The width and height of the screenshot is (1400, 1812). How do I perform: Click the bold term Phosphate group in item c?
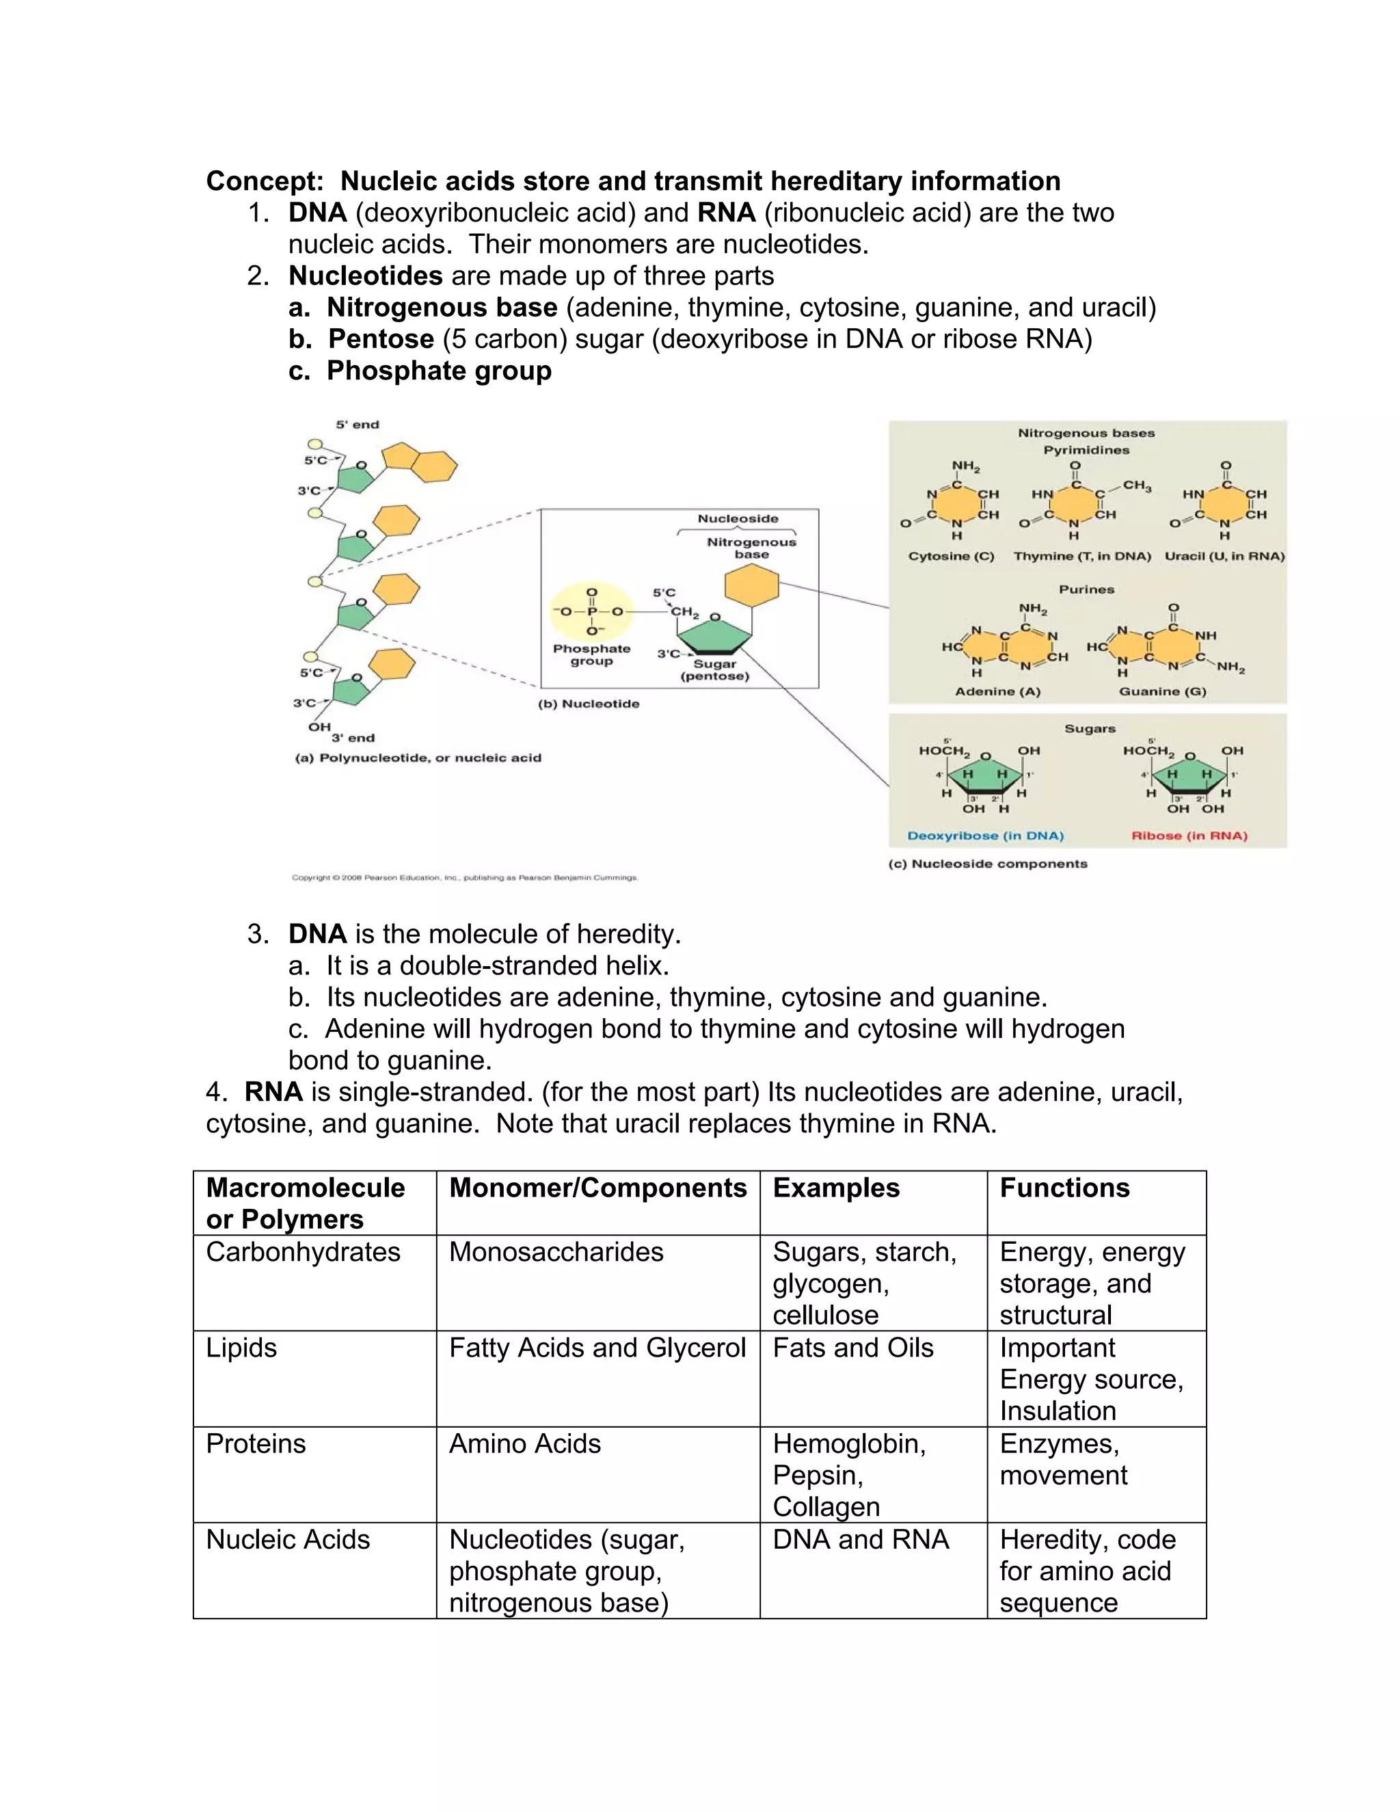click(x=439, y=371)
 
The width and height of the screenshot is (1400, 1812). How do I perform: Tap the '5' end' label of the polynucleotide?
click(x=357, y=425)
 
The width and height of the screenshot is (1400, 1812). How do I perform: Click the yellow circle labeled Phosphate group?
click(x=591, y=612)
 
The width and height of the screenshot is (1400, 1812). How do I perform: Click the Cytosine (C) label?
click(x=950, y=556)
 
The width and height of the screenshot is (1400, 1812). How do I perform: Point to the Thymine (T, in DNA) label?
click(x=1081, y=556)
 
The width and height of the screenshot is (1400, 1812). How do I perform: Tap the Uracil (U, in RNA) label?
click(x=1224, y=556)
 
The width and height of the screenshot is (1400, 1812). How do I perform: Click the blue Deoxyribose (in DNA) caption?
click(x=984, y=836)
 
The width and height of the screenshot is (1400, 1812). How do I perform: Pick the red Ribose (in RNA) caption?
click(x=1189, y=836)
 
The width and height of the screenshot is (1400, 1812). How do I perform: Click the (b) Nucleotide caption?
click(x=588, y=704)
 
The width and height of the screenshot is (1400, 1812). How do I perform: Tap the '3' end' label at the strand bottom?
click(x=353, y=738)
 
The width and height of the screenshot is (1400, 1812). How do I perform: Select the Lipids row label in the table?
click(x=241, y=1348)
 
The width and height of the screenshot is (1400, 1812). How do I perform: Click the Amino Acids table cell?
click(x=524, y=1443)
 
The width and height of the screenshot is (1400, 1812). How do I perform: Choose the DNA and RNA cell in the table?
click(x=860, y=1539)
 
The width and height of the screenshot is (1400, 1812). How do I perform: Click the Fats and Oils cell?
click(x=852, y=1348)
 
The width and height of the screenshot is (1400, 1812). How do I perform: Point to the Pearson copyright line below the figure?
click(x=464, y=877)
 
